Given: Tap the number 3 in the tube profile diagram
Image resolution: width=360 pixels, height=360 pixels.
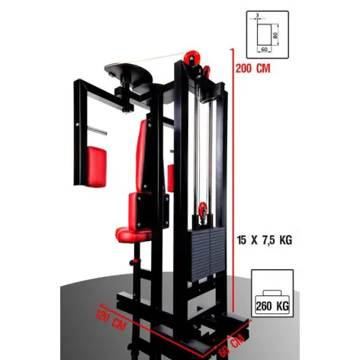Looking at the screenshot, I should click(x=258, y=16).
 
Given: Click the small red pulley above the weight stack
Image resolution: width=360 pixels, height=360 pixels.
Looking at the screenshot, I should click(x=202, y=211).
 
